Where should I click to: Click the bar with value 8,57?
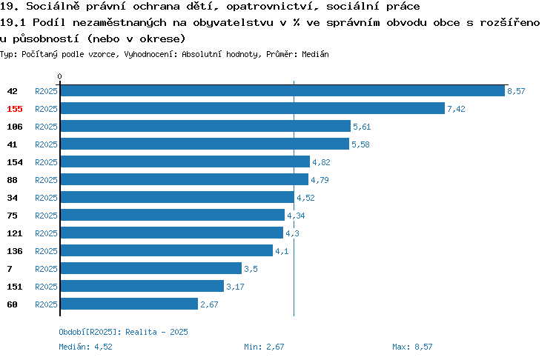click(x=282, y=90)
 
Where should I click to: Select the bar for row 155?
click(x=253, y=108)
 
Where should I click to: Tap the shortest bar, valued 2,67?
click(x=129, y=304)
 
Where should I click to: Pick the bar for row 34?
click(x=177, y=197)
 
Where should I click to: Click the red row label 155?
click(x=15, y=109)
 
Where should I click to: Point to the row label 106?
click(x=15, y=127)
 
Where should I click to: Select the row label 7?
click(x=10, y=269)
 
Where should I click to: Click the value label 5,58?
click(x=360, y=144)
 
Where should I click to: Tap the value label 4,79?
click(x=320, y=180)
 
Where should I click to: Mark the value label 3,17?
click(x=235, y=287)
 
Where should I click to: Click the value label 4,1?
click(x=282, y=251)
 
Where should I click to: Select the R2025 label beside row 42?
click(x=46, y=91)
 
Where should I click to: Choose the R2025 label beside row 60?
click(x=46, y=304)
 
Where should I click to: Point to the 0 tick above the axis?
click(x=59, y=76)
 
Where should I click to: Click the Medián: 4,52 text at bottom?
click(x=85, y=347)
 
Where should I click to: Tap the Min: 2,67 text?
click(x=264, y=347)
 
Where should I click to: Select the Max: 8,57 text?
click(x=412, y=347)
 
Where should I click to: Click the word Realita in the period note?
click(x=141, y=332)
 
